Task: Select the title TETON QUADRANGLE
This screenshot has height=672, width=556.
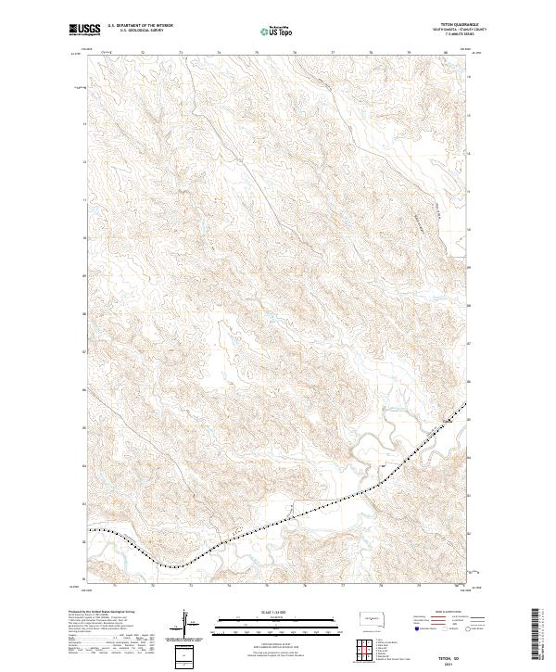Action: (467, 26)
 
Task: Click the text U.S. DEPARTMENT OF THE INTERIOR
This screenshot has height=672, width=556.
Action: (141, 26)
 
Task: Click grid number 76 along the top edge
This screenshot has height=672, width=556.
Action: (294, 54)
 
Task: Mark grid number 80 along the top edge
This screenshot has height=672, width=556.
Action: (446, 54)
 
